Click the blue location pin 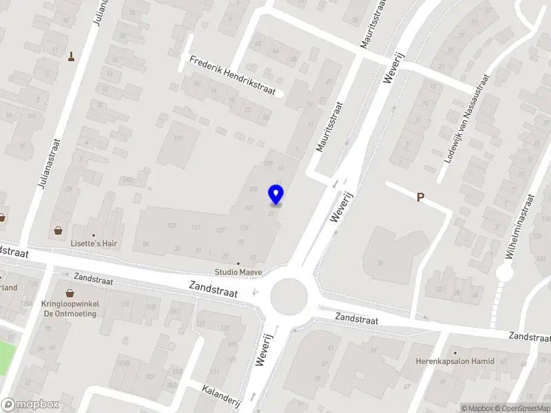click(276, 195)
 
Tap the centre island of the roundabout click(289, 297)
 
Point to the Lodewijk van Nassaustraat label click(468, 118)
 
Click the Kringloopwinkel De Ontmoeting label click(69, 308)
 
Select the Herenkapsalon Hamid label click(455, 361)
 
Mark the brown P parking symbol click(420, 198)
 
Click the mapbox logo click(30, 405)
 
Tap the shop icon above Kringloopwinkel click(69, 293)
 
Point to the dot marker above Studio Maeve click(238, 264)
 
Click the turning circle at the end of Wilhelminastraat click(505, 273)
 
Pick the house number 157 click(178, 139)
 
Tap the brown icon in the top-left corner click(72, 56)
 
